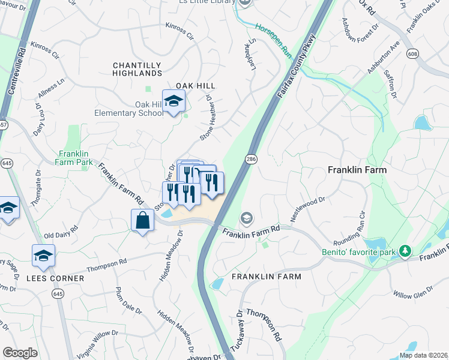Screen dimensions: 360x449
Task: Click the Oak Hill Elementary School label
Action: point(128,109)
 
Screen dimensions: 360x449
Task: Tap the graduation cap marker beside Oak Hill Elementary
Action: point(173,102)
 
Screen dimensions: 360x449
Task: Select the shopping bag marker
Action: point(142,220)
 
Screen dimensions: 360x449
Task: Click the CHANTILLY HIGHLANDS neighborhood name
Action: point(137,69)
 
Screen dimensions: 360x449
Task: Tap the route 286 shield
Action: point(250,158)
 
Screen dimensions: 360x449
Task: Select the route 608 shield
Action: point(413,53)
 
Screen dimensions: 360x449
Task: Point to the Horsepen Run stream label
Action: point(273,41)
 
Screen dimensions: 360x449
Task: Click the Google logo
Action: point(20,353)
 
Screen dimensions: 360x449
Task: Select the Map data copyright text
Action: point(423,355)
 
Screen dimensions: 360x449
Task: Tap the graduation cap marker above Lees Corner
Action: point(43,256)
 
